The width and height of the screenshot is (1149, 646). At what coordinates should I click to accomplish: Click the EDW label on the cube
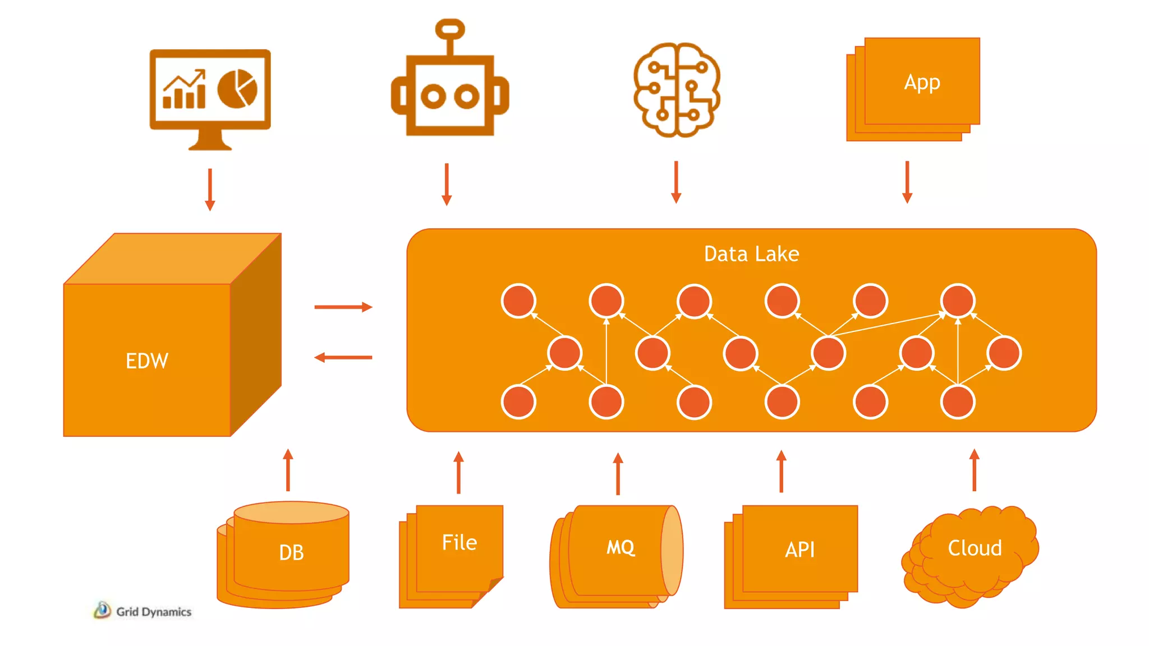(x=146, y=361)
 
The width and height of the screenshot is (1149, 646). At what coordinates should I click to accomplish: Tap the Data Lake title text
(x=751, y=254)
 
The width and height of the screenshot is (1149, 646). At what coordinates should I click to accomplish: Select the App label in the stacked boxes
(x=922, y=82)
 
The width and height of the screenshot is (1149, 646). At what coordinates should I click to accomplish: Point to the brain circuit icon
(x=677, y=90)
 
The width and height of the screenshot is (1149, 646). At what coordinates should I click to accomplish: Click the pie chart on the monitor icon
(x=237, y=89)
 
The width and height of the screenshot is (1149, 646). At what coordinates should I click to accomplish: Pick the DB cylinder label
(x=291, y=552)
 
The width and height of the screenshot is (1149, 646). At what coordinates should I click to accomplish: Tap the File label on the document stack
(x=459, y=542)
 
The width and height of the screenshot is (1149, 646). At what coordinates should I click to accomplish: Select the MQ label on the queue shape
(x=621, y=547)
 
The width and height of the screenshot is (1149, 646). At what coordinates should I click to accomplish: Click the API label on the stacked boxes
(x=799, y=550)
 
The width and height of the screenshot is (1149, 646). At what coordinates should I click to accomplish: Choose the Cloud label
(x=975, y=548)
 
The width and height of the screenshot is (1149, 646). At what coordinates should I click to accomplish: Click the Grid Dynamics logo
(x=143, y=611)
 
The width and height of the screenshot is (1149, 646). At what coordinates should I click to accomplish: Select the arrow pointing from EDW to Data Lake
(x=343, y=307)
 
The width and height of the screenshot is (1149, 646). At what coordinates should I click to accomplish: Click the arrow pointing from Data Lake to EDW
(x=343, y=357)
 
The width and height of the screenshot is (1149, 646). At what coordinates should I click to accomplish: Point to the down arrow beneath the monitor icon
(x=210, y=190)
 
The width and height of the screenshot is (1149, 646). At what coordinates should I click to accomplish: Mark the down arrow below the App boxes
(x=907, y=182)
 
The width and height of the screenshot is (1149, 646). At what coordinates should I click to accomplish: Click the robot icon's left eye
(x=433, y=96)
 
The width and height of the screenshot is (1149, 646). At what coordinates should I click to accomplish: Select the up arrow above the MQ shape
(x=618, y=473)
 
